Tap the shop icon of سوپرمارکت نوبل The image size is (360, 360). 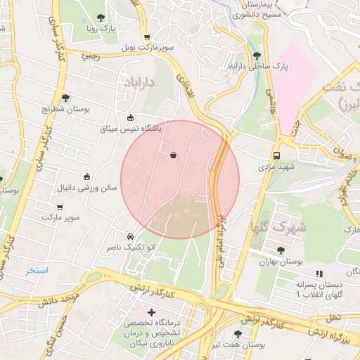pos(146,37)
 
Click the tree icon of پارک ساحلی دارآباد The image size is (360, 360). pos(256,55)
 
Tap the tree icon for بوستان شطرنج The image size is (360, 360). pos(65,98)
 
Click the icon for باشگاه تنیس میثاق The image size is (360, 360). pos(130,117)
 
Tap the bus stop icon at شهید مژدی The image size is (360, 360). pos(277,155)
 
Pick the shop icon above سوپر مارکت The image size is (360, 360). pos(60,207)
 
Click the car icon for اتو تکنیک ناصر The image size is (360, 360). pos(130,236)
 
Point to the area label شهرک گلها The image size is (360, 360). pos(278,226)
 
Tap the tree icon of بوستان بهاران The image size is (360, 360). pos(281,250)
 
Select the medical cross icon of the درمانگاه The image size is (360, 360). pos(151,311)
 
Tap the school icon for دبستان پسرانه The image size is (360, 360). pos(319,274)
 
